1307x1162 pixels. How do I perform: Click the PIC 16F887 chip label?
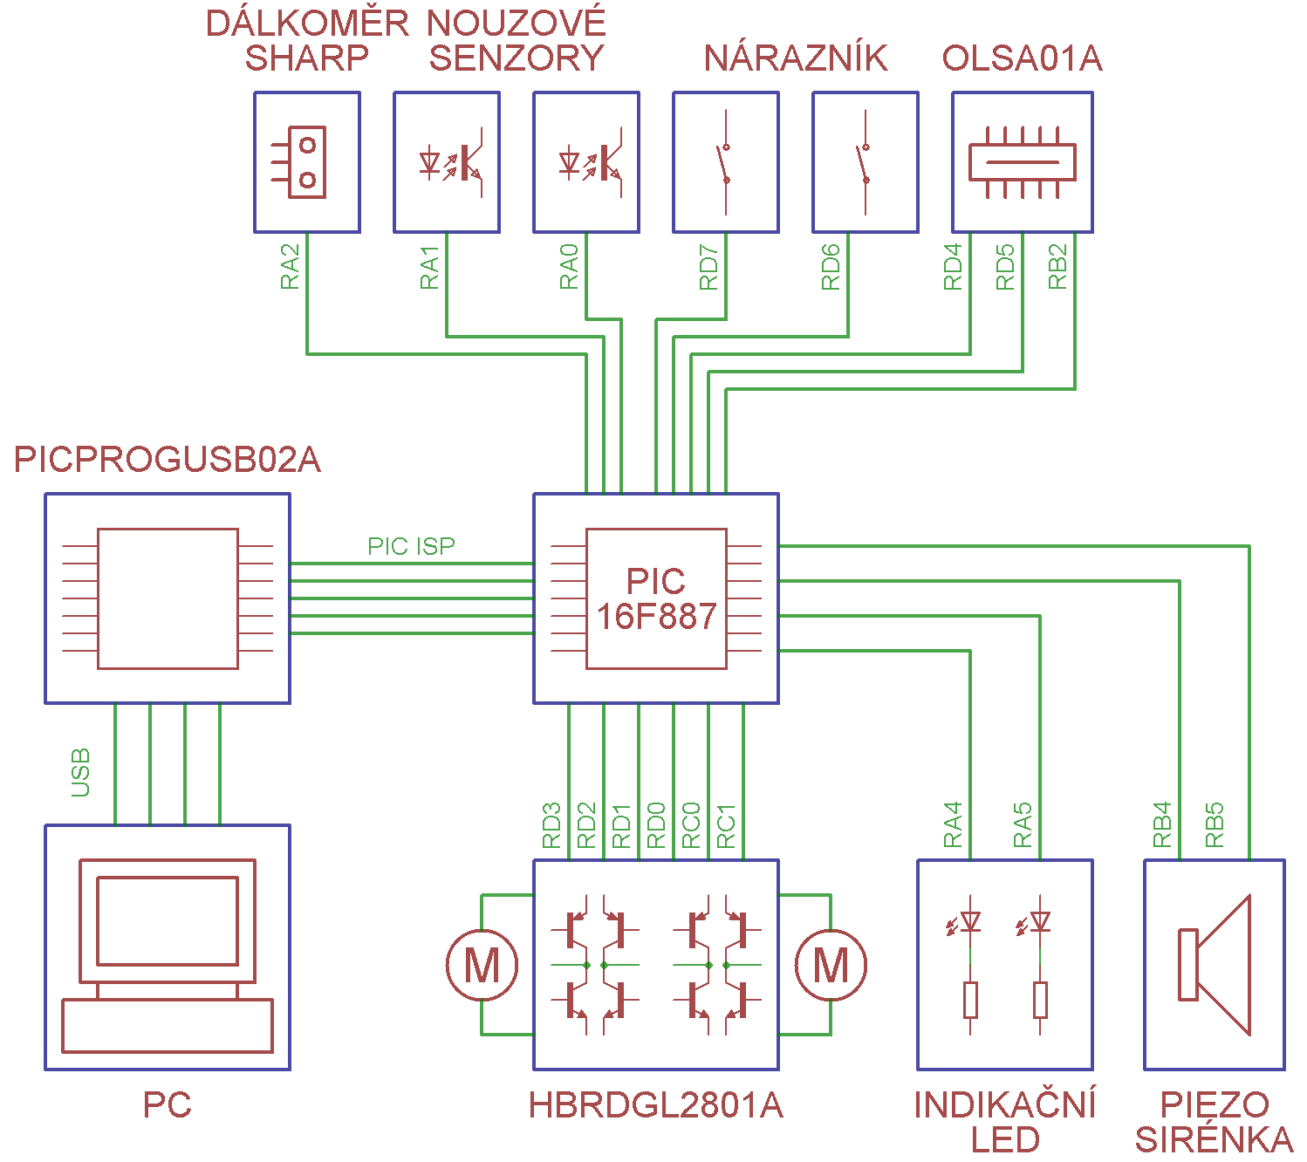(656, 598)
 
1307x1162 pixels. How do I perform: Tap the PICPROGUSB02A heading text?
(168, 460)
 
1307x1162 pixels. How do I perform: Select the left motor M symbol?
(482, 965)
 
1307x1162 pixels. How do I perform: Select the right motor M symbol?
(831, 965)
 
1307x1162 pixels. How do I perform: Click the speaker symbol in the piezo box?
(1215, 965)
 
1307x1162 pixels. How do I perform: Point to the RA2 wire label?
(290, 266)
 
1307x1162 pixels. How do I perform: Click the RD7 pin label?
(708, 266)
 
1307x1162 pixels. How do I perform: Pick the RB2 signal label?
(1057, 266)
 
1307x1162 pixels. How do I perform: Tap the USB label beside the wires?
(80, 772)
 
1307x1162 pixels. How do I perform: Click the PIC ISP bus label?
(411, 546)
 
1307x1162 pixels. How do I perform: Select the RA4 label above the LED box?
(953, 824)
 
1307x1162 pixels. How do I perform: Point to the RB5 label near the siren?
(1215, 824)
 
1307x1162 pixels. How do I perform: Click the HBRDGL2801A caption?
(656, 1105)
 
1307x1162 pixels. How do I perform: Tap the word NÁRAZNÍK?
(796, 58)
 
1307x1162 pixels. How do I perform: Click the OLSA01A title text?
(1023, 58)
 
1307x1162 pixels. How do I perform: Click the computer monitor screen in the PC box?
(168, 920)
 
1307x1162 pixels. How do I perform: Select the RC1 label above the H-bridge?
(726, 826)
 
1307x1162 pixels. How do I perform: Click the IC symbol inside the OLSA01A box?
(1023, 162)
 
